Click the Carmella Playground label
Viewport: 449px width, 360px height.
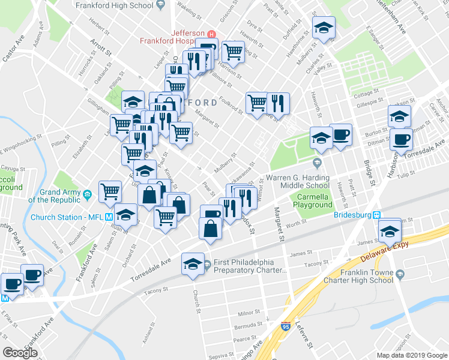312,200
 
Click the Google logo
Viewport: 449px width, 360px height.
20,352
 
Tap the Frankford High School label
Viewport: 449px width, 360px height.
113,5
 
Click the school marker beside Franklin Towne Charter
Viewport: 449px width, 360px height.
390,230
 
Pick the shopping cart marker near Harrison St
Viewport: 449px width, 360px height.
232,51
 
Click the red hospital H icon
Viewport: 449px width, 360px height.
211,33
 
